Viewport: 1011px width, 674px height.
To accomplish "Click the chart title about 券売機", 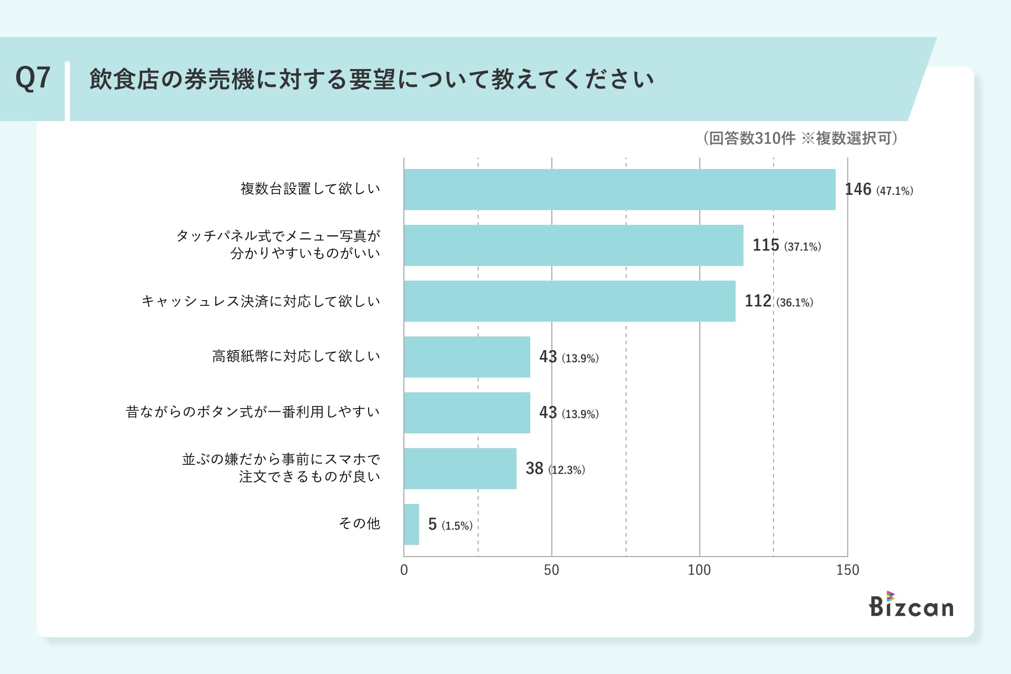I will pyautogui.click(x=371, y=80).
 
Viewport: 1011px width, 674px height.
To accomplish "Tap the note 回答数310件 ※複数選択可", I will pyautogui.click(x=800, y=138).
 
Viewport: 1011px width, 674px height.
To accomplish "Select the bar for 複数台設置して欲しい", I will pyautogui.click(x=619, y=190).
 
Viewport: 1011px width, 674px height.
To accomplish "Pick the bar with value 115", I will pyautogui.click(x=573, y=245).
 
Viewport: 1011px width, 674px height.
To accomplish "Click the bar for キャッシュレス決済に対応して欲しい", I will pyautogui.click(x=569, y=301).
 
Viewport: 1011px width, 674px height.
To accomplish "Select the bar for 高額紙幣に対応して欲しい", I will pyautogui.click(x=467, y=357).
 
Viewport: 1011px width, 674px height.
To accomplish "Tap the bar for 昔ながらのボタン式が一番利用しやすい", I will pyautogui.click(x=467, y=413).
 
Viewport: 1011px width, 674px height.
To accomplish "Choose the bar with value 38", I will pyautogui.click(x=460, y=469).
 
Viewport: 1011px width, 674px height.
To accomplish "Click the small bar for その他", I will pyautogui.click(x=411, y=524).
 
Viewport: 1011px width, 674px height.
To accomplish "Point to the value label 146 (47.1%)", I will pyautogui.click(x=878, y=190).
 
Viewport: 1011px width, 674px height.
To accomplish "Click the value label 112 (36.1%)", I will pyautogui.click(x=778, y=301).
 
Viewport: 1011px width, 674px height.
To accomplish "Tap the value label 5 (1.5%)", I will pyautogui.click(x=450, y=524).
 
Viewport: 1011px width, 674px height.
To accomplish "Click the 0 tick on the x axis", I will pyautogui.click(x=404, y=570).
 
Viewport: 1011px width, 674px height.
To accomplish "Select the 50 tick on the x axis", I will pyautogui.click(x=551, y=570).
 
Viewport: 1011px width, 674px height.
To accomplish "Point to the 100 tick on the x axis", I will pyautogui.click(x=699, y=570).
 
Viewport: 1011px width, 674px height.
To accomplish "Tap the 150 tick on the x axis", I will pyautogui.click(x=847, y=570).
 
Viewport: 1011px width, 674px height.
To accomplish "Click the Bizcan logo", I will pyautogui.click(x=911, y=605).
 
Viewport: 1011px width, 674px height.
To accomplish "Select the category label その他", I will pyautogui.click(x=359, y=523).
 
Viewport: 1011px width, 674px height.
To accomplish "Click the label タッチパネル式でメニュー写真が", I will pyautogui.click(x=278, y=236).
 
